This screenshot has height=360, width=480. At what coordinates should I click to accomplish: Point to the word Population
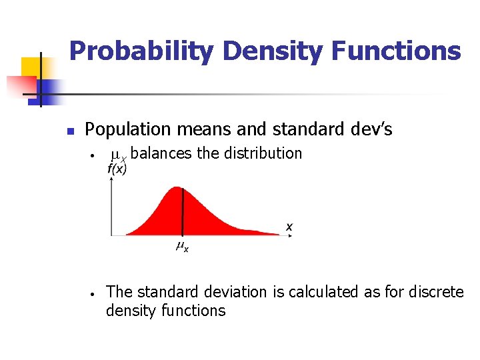(123, 128)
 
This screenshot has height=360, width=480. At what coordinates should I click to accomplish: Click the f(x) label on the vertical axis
(116, 169)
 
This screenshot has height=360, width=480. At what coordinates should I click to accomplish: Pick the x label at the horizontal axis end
(289, 227)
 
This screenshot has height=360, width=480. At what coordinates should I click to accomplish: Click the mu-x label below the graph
(182, 247)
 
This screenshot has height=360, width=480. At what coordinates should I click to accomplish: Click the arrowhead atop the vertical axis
(111, 181)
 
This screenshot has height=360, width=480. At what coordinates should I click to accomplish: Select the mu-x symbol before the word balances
(118, 155)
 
